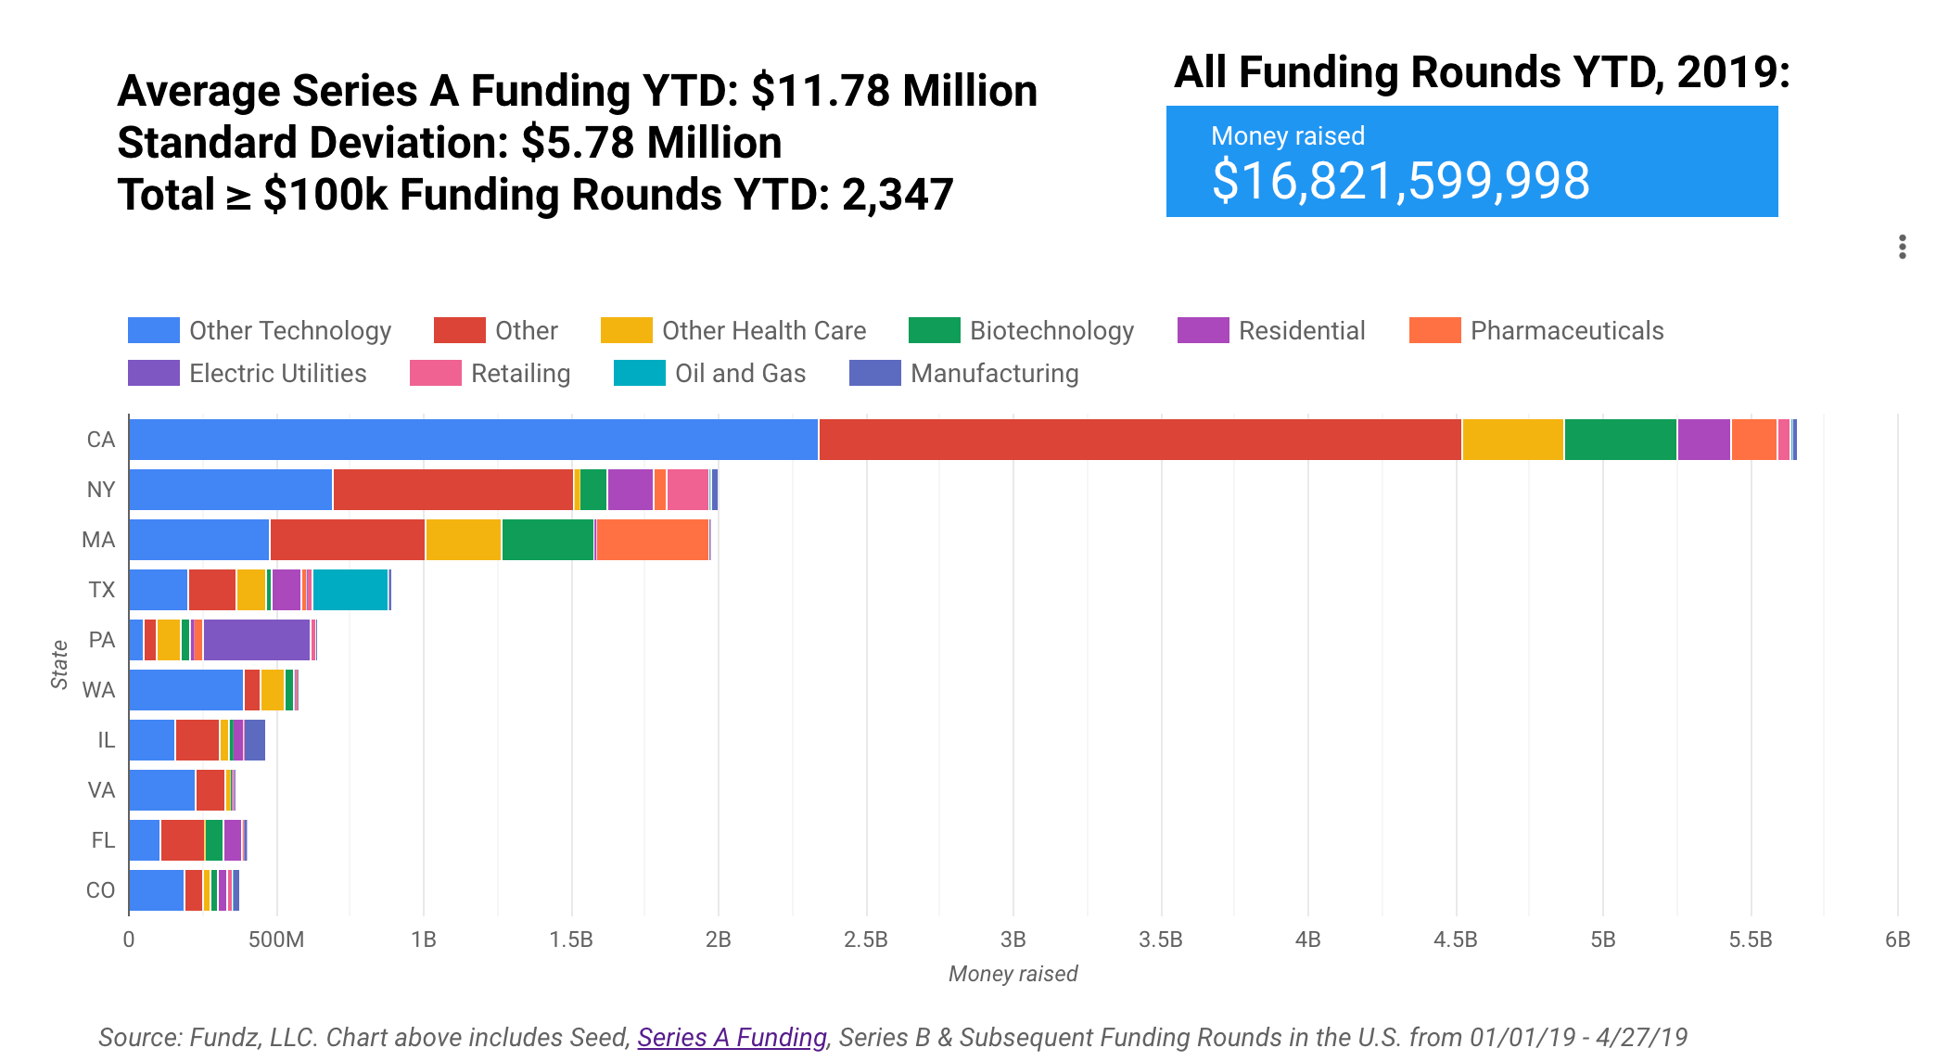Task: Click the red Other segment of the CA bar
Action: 1140,440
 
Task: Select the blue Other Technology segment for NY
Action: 230,490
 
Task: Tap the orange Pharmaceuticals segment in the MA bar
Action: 652,540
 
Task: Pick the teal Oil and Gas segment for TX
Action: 350,590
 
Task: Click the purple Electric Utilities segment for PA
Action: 257,640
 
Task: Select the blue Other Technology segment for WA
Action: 185,690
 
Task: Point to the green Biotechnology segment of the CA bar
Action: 1620,440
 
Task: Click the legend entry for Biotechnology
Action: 1022,331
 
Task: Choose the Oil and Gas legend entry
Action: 710,374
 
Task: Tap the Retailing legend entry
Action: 490,374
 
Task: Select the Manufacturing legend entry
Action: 964,374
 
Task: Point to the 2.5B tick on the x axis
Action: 865,940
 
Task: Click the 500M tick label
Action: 276,940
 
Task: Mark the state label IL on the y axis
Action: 106,740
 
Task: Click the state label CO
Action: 100,890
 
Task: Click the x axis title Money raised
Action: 1013,974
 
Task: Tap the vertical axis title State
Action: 59,664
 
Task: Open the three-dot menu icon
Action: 1902,247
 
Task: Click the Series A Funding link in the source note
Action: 732,1037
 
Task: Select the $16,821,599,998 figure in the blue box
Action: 1400,181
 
